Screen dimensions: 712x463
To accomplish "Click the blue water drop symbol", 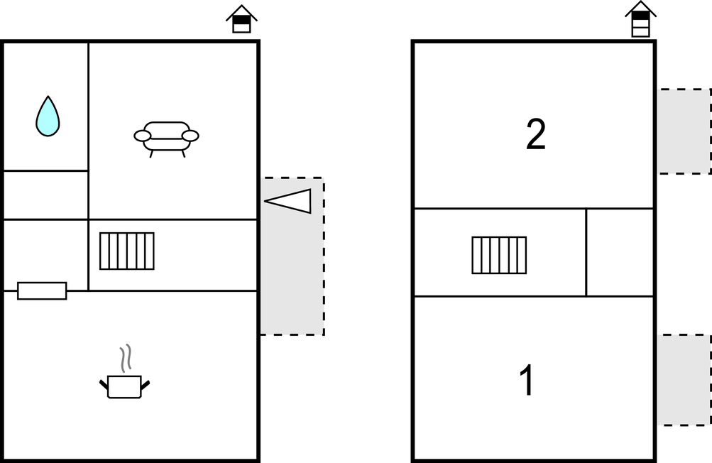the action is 48,116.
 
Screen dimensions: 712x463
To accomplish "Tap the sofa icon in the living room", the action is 166,139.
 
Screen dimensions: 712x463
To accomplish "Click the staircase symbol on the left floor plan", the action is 126,251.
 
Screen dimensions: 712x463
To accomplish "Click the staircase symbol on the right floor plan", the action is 499,255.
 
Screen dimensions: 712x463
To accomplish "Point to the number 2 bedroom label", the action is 536,134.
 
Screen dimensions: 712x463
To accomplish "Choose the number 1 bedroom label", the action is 527,380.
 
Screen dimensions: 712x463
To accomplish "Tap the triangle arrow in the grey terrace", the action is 288,201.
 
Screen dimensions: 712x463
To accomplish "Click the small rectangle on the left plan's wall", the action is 42,290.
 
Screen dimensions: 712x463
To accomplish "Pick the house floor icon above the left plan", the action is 241,19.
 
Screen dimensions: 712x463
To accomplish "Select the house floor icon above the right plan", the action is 641,19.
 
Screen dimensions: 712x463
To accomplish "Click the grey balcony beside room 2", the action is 684,131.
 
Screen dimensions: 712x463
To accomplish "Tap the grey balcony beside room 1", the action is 684,380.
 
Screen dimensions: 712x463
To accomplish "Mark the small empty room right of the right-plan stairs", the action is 620,253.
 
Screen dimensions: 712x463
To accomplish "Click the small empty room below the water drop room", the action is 46,195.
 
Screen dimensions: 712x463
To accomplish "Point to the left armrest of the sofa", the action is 142,136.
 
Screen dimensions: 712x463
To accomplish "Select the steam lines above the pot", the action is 126,358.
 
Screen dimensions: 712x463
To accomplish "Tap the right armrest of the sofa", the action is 190,136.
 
